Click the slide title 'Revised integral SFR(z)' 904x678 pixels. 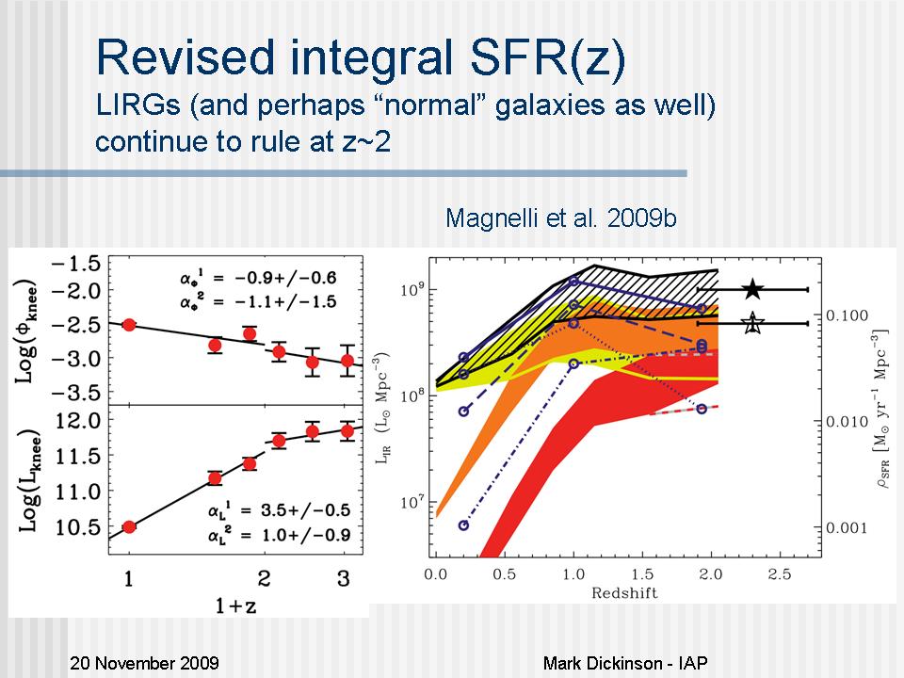click(361, 58)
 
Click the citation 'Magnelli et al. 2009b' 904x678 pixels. click(561, 218)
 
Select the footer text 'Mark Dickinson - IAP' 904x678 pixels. click(625, 663)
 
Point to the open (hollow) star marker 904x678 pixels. click(751, 324)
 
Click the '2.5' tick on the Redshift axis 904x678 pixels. click(778, 573)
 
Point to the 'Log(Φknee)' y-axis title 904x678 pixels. click(27, 330)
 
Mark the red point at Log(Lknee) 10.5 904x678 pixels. click(129, 526)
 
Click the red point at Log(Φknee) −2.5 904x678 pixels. click(129, 325)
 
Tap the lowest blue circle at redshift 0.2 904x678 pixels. click(463, 525)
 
